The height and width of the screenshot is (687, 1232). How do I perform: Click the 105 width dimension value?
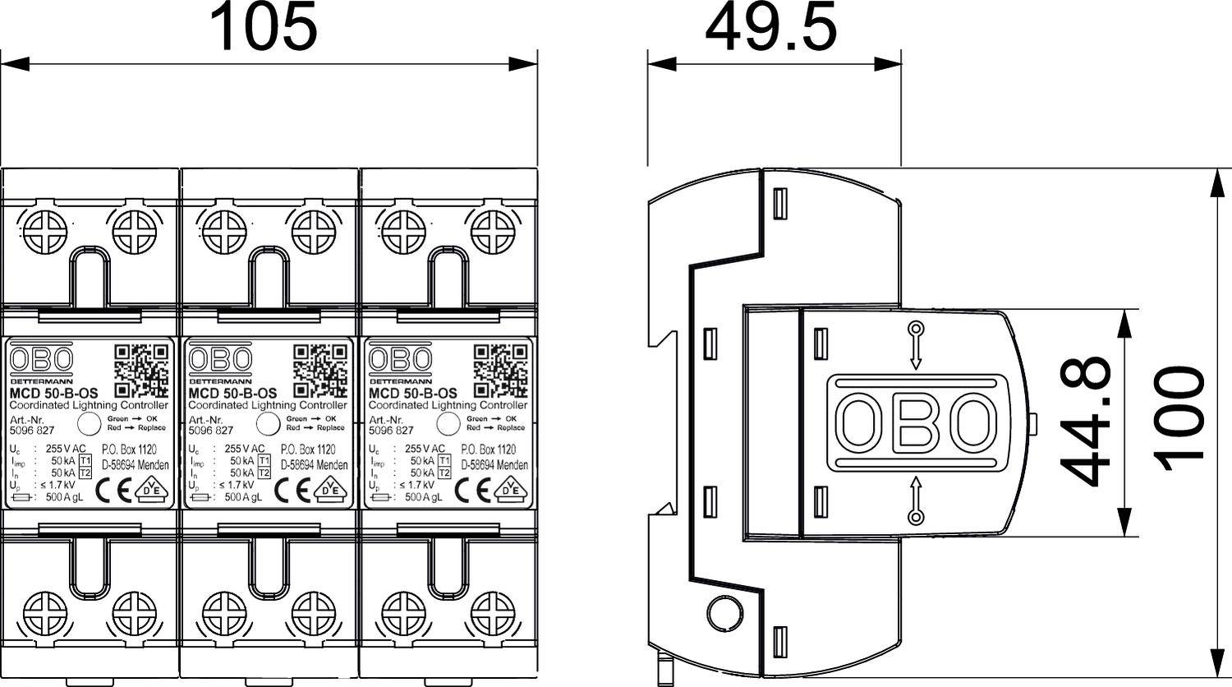pos(263,26)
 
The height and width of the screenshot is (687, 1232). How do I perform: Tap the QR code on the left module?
pos(141,370)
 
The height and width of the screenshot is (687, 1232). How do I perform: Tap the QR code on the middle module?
pos(321,370)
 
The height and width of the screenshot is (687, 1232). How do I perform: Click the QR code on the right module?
pos(501,370)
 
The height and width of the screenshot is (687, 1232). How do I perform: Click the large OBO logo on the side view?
pos(916,423)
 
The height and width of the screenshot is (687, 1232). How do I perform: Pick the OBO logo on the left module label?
pos(41,359)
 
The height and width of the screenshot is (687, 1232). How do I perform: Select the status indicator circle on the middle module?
pos(268,424)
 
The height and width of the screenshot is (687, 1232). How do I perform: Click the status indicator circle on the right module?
pos(448,424)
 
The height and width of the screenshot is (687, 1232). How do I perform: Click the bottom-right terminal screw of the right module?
pos(493,613)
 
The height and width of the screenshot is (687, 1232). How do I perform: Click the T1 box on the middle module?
pos(264,461)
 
